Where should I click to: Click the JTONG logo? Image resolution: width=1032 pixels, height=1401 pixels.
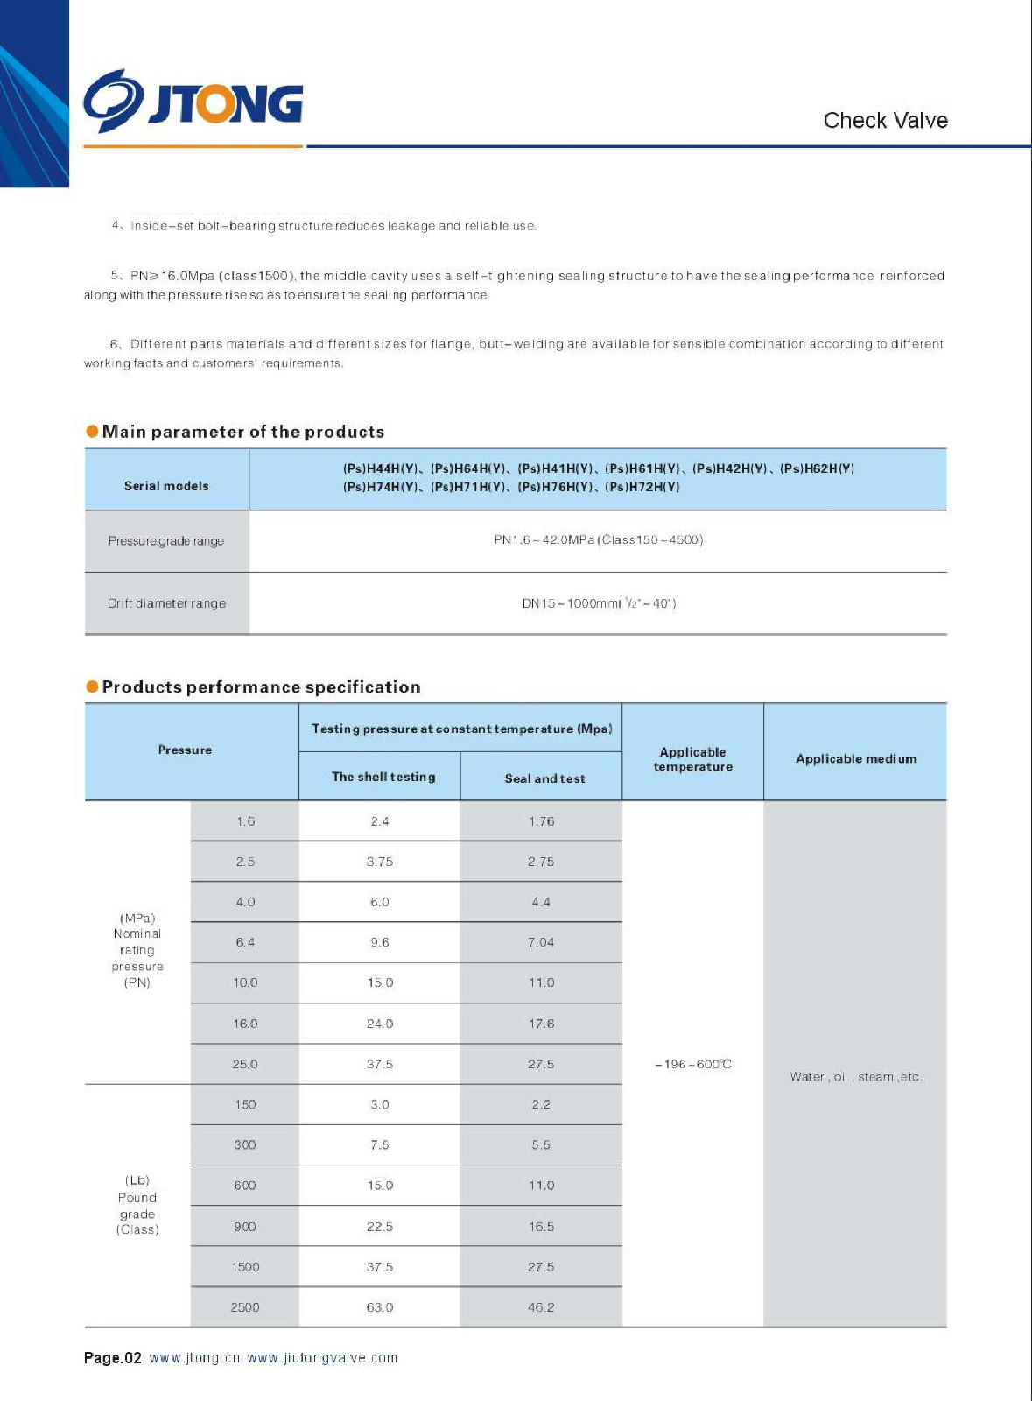193,102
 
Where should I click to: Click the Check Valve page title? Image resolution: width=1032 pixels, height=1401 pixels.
885,120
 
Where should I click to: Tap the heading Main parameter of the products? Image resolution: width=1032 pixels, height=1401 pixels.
242,432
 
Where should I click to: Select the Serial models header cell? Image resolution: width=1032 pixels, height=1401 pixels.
166,486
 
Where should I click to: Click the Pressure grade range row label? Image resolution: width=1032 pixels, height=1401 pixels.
166,541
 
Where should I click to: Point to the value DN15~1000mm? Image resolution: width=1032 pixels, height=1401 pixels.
599,603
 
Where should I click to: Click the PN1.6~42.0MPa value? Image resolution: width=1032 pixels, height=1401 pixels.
599,539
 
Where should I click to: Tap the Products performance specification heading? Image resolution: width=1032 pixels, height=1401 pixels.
261,687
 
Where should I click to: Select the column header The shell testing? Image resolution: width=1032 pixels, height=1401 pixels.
383,777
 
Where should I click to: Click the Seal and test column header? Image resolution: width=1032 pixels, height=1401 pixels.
544,778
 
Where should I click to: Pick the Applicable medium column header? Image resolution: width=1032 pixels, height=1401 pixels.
856,758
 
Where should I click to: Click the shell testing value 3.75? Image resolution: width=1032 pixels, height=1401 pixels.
380,862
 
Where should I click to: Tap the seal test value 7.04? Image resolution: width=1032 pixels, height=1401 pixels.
541,942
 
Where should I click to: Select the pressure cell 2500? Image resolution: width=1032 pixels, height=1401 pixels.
245,1307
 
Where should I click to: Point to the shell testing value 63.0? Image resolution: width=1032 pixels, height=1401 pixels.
380,1307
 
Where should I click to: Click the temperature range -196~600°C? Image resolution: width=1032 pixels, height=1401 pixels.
693,1064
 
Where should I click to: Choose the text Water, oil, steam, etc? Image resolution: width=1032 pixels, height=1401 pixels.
856,1077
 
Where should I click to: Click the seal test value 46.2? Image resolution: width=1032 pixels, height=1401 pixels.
541,1307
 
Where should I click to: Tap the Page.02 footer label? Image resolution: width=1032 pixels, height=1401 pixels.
112,1358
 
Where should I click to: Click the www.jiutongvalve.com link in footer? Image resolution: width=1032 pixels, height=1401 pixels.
322,1358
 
